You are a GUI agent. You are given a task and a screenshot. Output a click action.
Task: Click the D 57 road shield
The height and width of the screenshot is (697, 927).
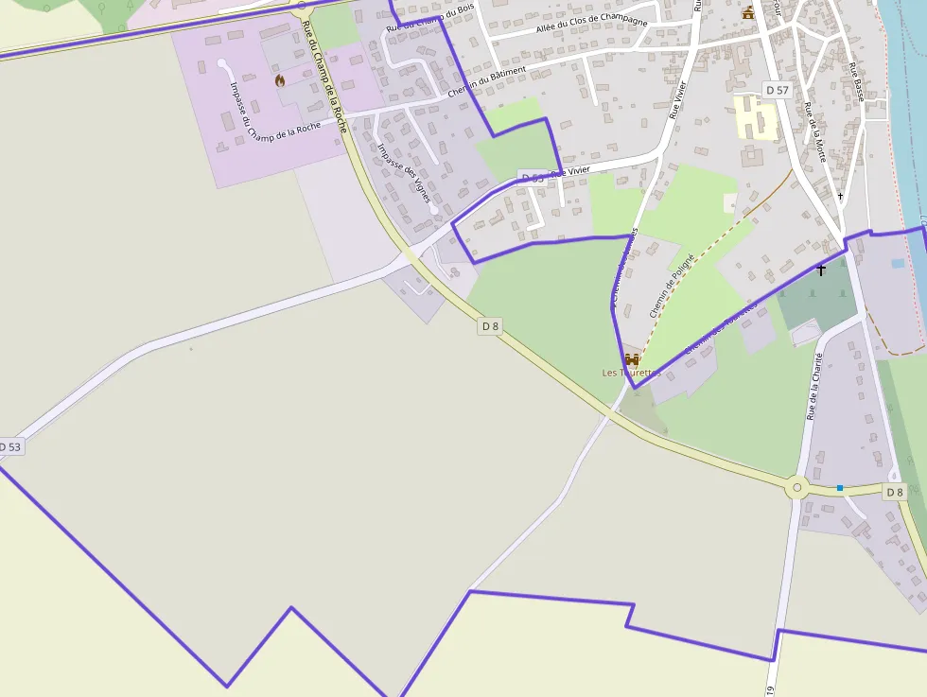(777, 90)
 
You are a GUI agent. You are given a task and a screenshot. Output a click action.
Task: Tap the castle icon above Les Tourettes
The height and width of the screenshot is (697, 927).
(632, 359)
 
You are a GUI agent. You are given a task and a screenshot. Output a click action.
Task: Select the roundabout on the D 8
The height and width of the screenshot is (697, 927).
(797, 488)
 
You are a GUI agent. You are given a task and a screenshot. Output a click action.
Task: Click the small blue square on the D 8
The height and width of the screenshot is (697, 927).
(839, 488)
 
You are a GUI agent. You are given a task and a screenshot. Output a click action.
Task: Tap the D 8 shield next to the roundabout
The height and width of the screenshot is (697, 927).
(895, 492)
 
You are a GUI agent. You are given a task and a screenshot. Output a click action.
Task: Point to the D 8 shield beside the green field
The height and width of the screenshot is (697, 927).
(490, 326)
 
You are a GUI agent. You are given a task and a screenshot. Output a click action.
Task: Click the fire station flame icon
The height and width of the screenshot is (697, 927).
(280, 80)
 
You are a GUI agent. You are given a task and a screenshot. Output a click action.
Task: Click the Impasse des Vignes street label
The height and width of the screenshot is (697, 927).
(403, 173)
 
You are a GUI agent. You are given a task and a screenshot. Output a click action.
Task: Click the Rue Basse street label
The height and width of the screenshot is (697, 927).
(857, 82)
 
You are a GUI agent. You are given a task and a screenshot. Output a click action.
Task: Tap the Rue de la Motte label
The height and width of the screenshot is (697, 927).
(815, 131)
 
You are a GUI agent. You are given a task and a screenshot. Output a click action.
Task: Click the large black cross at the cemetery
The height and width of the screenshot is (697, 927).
(821, 270)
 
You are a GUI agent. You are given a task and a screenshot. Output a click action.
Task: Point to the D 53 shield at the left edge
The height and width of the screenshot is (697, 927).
(9, 446)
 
